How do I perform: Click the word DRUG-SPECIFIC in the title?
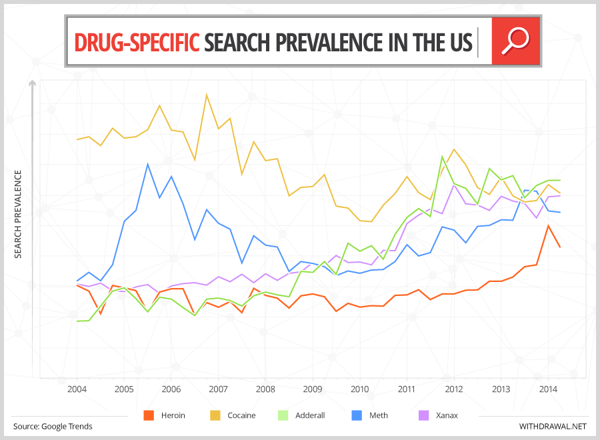[137, 42]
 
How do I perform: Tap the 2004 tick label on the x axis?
[77, 389]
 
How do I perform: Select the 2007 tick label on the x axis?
[219, 389]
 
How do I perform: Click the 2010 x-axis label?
[360, 389]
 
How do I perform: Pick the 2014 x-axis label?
[548, 389]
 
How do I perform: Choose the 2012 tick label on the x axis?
[454, 389]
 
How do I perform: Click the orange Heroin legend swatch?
[149, 415]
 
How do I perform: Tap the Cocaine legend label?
[242, 415]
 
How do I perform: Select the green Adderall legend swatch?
[282, 415]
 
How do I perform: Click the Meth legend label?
[379, 415]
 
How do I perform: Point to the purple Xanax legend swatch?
[423, 415]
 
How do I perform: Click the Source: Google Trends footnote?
[53, 426]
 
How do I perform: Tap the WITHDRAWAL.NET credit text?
[553, 426]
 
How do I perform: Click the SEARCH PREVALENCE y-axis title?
[18, 214]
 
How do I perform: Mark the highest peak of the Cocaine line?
[207, 95]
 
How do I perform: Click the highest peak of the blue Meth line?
[147, 164]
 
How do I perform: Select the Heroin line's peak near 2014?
[548, 225]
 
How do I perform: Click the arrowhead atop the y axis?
[31, 83]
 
